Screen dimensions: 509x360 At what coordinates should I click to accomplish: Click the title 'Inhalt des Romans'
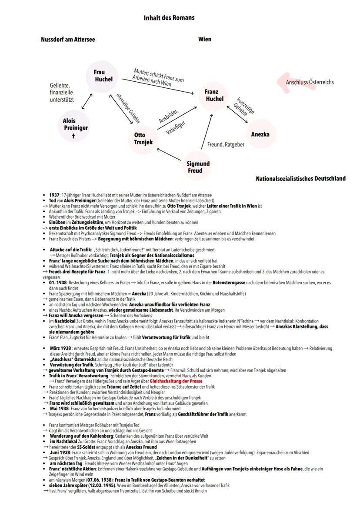pyautogui.click(x=169, y=18)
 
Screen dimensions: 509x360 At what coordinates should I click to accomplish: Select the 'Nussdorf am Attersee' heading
pyautogui.click(x=68, y=40)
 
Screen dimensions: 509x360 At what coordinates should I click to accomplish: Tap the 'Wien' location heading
pyautogui.click(x=205, y=40)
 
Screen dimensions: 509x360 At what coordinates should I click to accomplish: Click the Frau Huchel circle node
pyautogui.click(x=104, y=76)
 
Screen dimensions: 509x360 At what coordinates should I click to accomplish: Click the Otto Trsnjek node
pyautogui.click(x=140, y=138)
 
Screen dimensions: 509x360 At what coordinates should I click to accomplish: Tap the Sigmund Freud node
pyautogui.click(x=198, y=167)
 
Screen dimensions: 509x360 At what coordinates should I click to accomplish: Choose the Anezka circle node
pyautogui.click(x=260, y=134)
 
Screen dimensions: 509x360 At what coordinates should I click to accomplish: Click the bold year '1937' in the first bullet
pyautogui.click(x=55, y=195)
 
